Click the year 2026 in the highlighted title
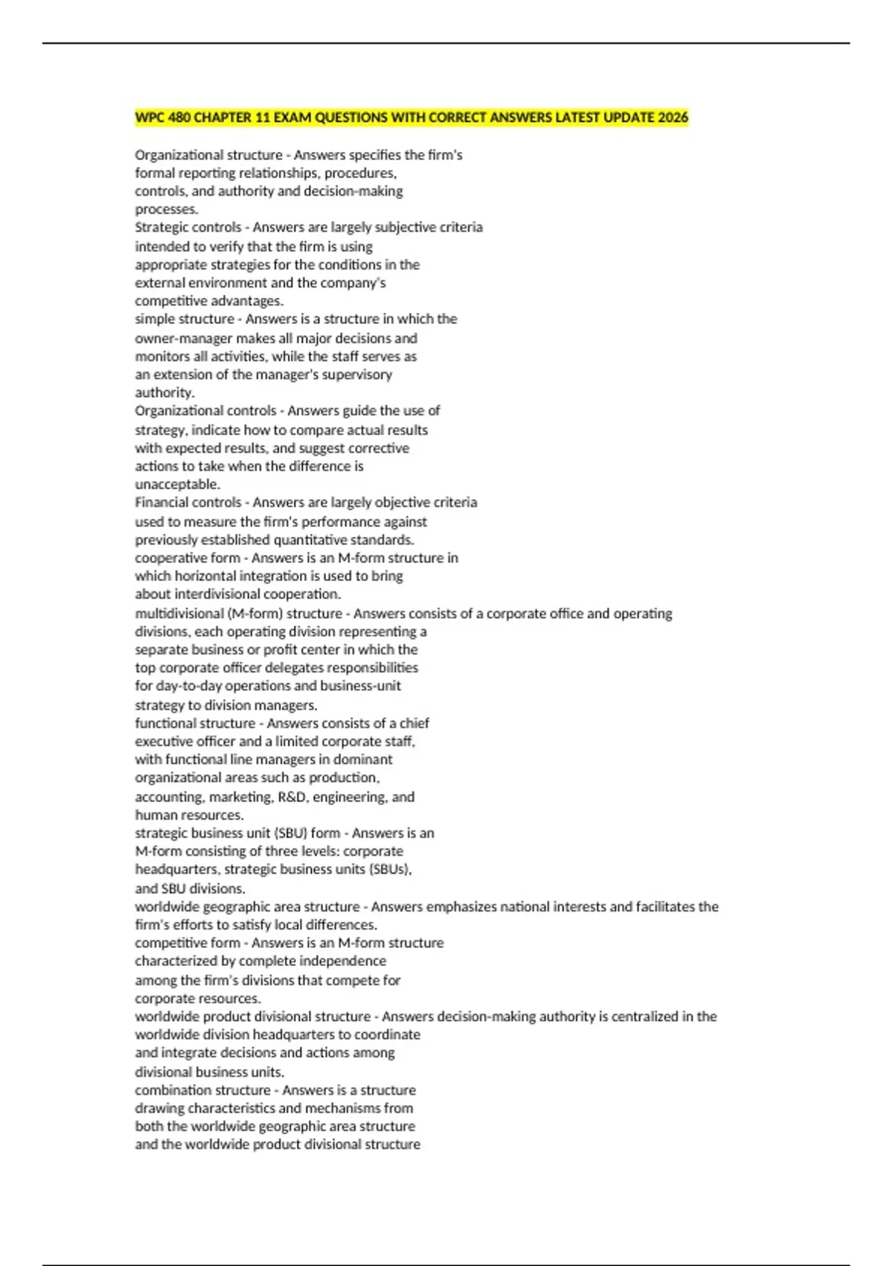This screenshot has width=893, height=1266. coord(672,118)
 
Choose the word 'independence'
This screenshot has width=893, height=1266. coord(342,961)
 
